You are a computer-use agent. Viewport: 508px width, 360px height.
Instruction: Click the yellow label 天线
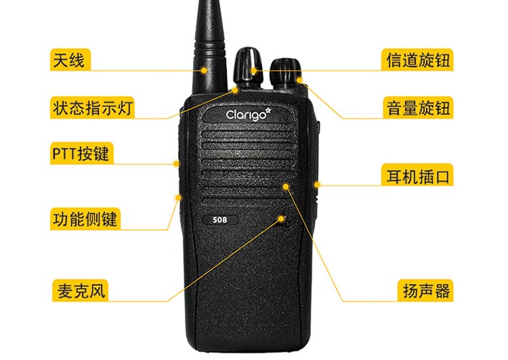pyautogui.click(x=70, y=60)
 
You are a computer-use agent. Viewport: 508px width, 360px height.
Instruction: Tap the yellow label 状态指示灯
pyautogui.click(x=92, y=107)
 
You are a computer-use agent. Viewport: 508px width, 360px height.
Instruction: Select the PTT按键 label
pyautogui.click(x=82, y=153)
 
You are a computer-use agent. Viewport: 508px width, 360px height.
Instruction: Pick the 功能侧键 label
pyautogui.click(x=85, y=219)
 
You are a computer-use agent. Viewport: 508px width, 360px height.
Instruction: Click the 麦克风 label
pyautogui.click(x=80, y=290)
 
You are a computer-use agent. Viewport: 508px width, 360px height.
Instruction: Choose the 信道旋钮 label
pyautogui.click(x=418, y=60)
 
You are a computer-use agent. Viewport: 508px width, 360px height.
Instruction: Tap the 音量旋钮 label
pyautogui.click(x=418, y=107)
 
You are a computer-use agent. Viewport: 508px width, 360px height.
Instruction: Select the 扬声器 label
pyautogui.click(x=426, y=290)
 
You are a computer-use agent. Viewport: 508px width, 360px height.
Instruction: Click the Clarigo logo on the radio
pyautogui.click(x=248, y=114)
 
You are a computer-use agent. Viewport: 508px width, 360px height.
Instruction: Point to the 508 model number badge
pyautogui.click(x=220, y=220)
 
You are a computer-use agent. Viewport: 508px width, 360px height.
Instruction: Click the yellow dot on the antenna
pyautogui.click(x=204, y=70)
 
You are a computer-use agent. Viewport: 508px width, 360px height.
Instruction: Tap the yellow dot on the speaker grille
pyautogui.click(x=286, y=186)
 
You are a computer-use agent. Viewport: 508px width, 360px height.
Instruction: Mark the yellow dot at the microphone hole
pyautogui.click(x=281, y=218)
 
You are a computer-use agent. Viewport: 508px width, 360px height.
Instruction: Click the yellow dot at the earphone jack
pyautogui.click(x=317, y=185)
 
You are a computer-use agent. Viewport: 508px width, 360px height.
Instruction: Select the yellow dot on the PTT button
pyautogui.click(x=176, y=164)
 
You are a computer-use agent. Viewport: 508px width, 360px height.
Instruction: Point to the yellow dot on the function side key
pyautogui.click(x=178, y=197)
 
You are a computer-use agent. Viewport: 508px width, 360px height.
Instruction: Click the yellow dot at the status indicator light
pyautogui.click(x=235, y=90)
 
